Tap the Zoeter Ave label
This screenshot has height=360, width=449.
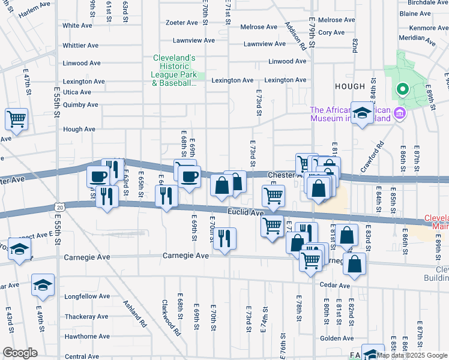(x=182, y=23)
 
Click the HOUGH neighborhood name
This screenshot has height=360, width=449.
(x=350, y=87)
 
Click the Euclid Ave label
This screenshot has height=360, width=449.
(x=246, y=213)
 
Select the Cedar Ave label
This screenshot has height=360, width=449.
(x=334, y=286)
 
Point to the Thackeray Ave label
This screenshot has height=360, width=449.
(x=86, y=316)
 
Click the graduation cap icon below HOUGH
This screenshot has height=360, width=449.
(x=362, y=114)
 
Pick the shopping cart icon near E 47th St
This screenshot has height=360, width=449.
(x=16, y=119)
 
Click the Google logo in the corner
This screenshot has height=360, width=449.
(x=20, y=353)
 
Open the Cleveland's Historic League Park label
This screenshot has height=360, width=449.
(x=175, y=71)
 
